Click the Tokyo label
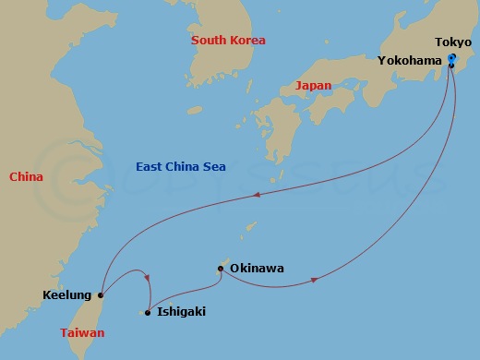pyautogui.click(x=453, y=42)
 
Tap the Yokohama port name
pyautogui.click(x=410, y=60)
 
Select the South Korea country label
pyautogui.click(x=228, y=41)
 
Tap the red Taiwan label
pyautogui.click(x=82, y=332)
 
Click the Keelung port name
pyautogui.click(x=66, y=295)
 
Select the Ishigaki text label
pyautogui.click(x=182, y=312)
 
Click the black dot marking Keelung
pyautogui.click(x=100, y=295)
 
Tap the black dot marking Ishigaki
pyautogui.click(x=148, y=312)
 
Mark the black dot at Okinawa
pyautogui.click(x=220, y=270)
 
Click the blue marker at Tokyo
pyautogui.click(x=451, y=59)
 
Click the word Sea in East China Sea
pyautogui.click(x=210, y=166)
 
